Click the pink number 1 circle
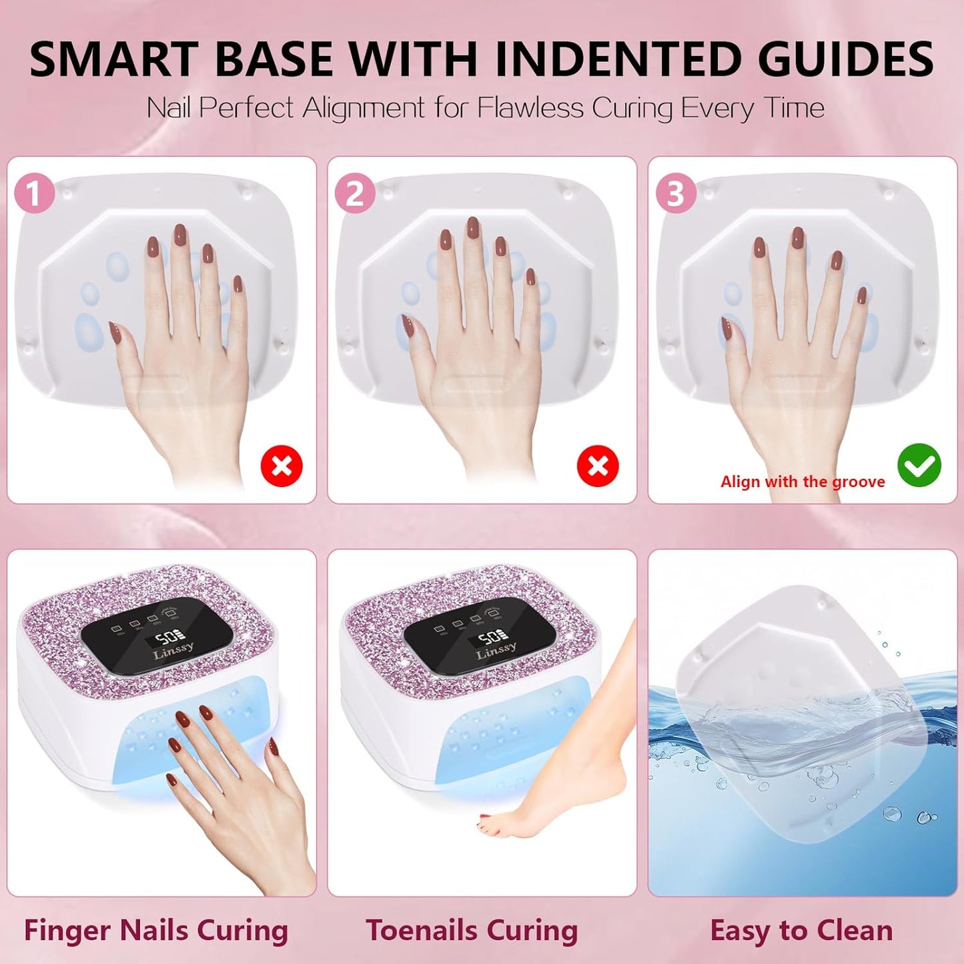pyautogui.click(x=34, y=193)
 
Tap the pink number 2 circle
pyautogui.click(x=354, y=193)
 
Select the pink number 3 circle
pyautogui.click(x=675, y=193)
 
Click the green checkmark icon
pyautogui.click(x=919, y=465)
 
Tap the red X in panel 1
pyautogui.click(x=282, y=466)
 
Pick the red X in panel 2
pyautogui.click(x=597, y=466)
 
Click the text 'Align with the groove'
pyautogui.click(x=802, y=482)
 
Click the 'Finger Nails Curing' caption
pyautogui.click(x=156, y=930)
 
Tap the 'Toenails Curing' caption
pyautogui.click(x=472, y=930)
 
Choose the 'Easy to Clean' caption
pyautogui.click(x=801, y=930)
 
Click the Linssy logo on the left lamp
pyautogui.click(x=173, y=649)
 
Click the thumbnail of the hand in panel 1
pyautogui.click(x=115, y=330)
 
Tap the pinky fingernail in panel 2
pyautogui.click(x=530, y=277)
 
